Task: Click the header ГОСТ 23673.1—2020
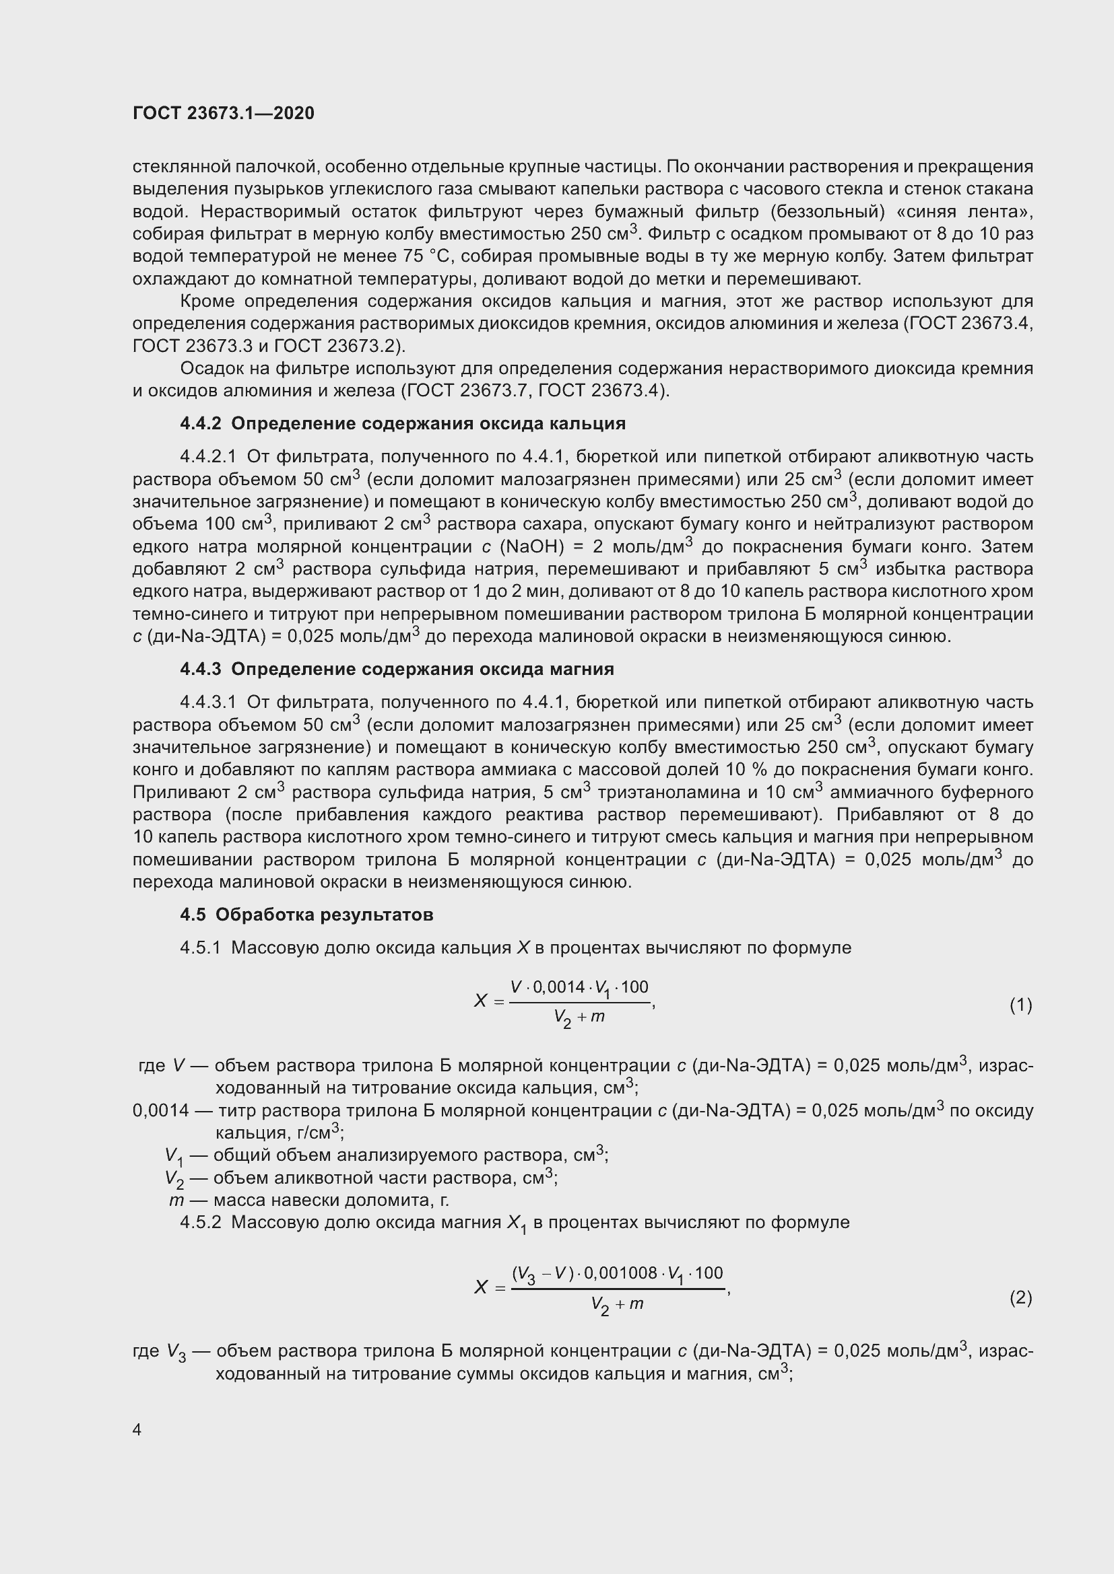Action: point(223,113)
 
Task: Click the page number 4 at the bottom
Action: point(137,1429)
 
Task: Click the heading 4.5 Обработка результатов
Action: point(306,915)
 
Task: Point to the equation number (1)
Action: point(1020,1005)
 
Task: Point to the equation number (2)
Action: point(1020,1297)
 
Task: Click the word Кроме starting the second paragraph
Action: point(207,301)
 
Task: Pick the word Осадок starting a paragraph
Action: point(210,369)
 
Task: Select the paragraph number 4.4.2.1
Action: point(208,456)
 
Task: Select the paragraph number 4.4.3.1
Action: point(208,702)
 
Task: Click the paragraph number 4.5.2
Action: point(200,1222)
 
